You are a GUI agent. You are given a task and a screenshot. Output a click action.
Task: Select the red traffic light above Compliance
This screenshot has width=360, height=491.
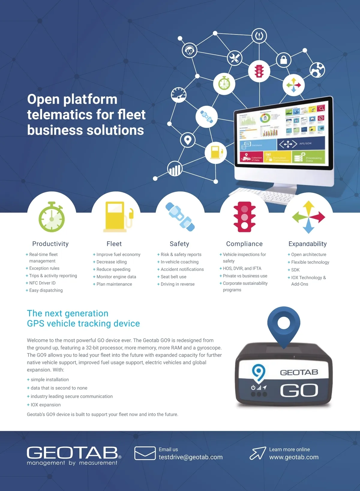(x=244, y=217)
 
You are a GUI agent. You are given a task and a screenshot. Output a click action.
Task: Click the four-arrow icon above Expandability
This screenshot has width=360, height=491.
(x=308, y=217)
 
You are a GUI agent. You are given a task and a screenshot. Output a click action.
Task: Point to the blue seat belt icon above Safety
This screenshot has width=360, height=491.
(x=180, y=217)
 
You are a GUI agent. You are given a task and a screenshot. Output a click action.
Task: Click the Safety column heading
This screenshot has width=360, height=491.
(x=179, y=244)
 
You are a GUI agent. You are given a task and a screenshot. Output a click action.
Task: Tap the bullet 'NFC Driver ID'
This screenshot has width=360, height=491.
(x=42, y=283)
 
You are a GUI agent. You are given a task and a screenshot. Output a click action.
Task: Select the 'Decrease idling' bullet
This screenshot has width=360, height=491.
(x=112, y=262)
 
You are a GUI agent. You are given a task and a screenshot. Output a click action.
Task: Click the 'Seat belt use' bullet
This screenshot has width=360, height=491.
(x=173, y=277)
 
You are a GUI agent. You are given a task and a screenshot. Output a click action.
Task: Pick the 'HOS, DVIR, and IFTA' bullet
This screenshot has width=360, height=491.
(x=242, y=269)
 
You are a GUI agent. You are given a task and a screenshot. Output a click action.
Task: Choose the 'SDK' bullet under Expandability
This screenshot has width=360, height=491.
(x=295, y=270)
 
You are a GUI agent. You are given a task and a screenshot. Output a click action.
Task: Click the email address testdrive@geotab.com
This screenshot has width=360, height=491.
(x=190, y=457)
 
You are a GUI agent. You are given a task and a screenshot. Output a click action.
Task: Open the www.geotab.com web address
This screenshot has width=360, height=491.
(x=294, y=457)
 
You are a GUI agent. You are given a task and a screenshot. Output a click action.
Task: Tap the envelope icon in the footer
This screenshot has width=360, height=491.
(x=145, y=453)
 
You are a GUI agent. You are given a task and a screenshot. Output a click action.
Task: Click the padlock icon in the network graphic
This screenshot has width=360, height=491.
(x=283, y=60)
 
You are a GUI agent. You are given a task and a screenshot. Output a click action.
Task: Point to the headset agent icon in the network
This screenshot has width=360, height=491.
(x=190, y=50)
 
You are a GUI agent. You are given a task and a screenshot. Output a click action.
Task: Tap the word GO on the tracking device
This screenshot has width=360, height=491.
(x=299, y=390)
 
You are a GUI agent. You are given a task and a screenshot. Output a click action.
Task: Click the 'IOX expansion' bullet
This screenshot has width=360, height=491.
(x=46, y=405)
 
